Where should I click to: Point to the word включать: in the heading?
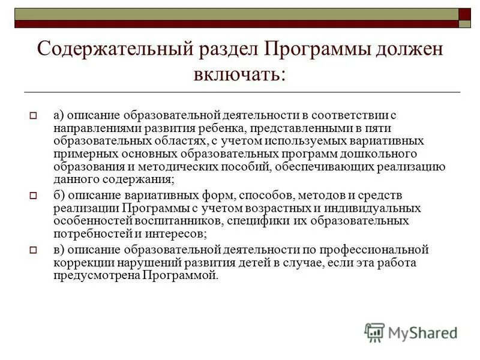(x=240, y=75)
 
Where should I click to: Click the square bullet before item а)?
(x=34, y=114)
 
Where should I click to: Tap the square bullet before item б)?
(x=34, y=196)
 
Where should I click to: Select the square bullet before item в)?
(x=34, y=249)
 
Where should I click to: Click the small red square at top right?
(x=464, y=14)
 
